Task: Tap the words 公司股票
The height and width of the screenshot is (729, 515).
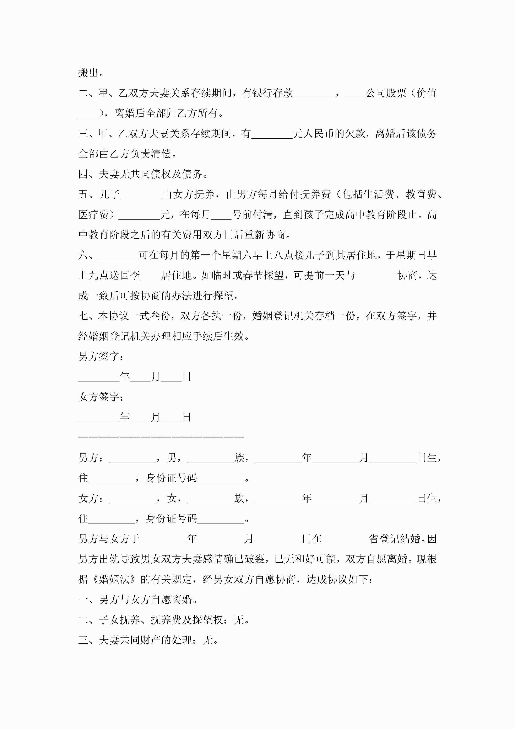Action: [x=386, y=93]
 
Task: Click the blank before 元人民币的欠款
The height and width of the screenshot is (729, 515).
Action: [x=272, y=134]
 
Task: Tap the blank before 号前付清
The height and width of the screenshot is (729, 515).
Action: [x=221, y=215]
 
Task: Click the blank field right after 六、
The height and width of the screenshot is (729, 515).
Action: [x=117, y=255]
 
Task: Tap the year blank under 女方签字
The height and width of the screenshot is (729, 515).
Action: [x=98, y=417]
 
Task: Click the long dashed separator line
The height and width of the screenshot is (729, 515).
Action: [x=161, y=437]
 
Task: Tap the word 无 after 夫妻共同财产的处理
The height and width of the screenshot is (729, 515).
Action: [x=207, y=640]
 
